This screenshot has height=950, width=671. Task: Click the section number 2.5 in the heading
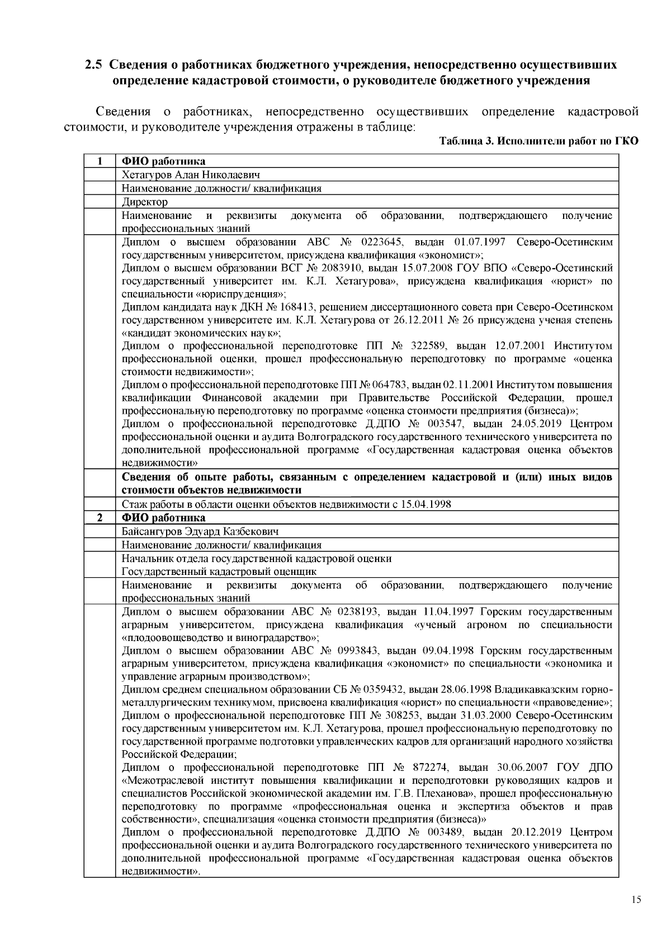94,64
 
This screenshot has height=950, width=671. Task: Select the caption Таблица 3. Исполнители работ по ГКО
538,141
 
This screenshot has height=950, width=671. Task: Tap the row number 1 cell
99,162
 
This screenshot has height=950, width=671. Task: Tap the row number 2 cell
99,518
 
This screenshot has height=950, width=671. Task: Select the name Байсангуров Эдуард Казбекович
200,531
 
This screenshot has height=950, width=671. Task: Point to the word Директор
145,202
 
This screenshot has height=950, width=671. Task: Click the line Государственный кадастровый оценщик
219,572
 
